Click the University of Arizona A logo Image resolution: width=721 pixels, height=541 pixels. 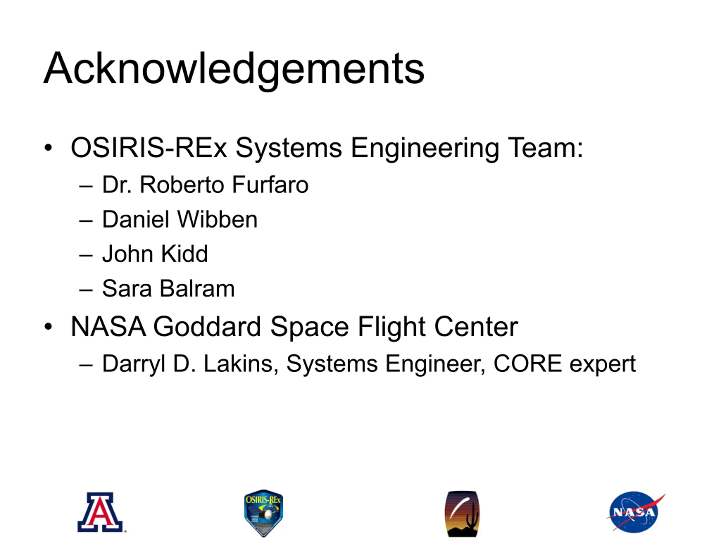click(101, 512)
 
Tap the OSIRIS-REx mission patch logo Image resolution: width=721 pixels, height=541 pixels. click(263, 513)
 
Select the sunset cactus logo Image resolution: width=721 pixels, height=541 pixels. click(462, 514)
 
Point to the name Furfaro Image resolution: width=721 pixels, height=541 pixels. click(270, 185)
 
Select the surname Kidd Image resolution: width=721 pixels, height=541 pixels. click(184, 254)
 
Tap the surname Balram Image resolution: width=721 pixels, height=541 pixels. click(197, 289)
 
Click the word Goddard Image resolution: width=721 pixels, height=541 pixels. click(207, 327)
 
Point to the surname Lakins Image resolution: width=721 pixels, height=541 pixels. click(241, 364)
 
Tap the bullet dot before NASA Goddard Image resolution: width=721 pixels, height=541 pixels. click(48, 326)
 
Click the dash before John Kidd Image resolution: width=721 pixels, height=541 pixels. click(86, 255)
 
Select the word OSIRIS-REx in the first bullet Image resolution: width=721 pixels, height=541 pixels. click(149, 148)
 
